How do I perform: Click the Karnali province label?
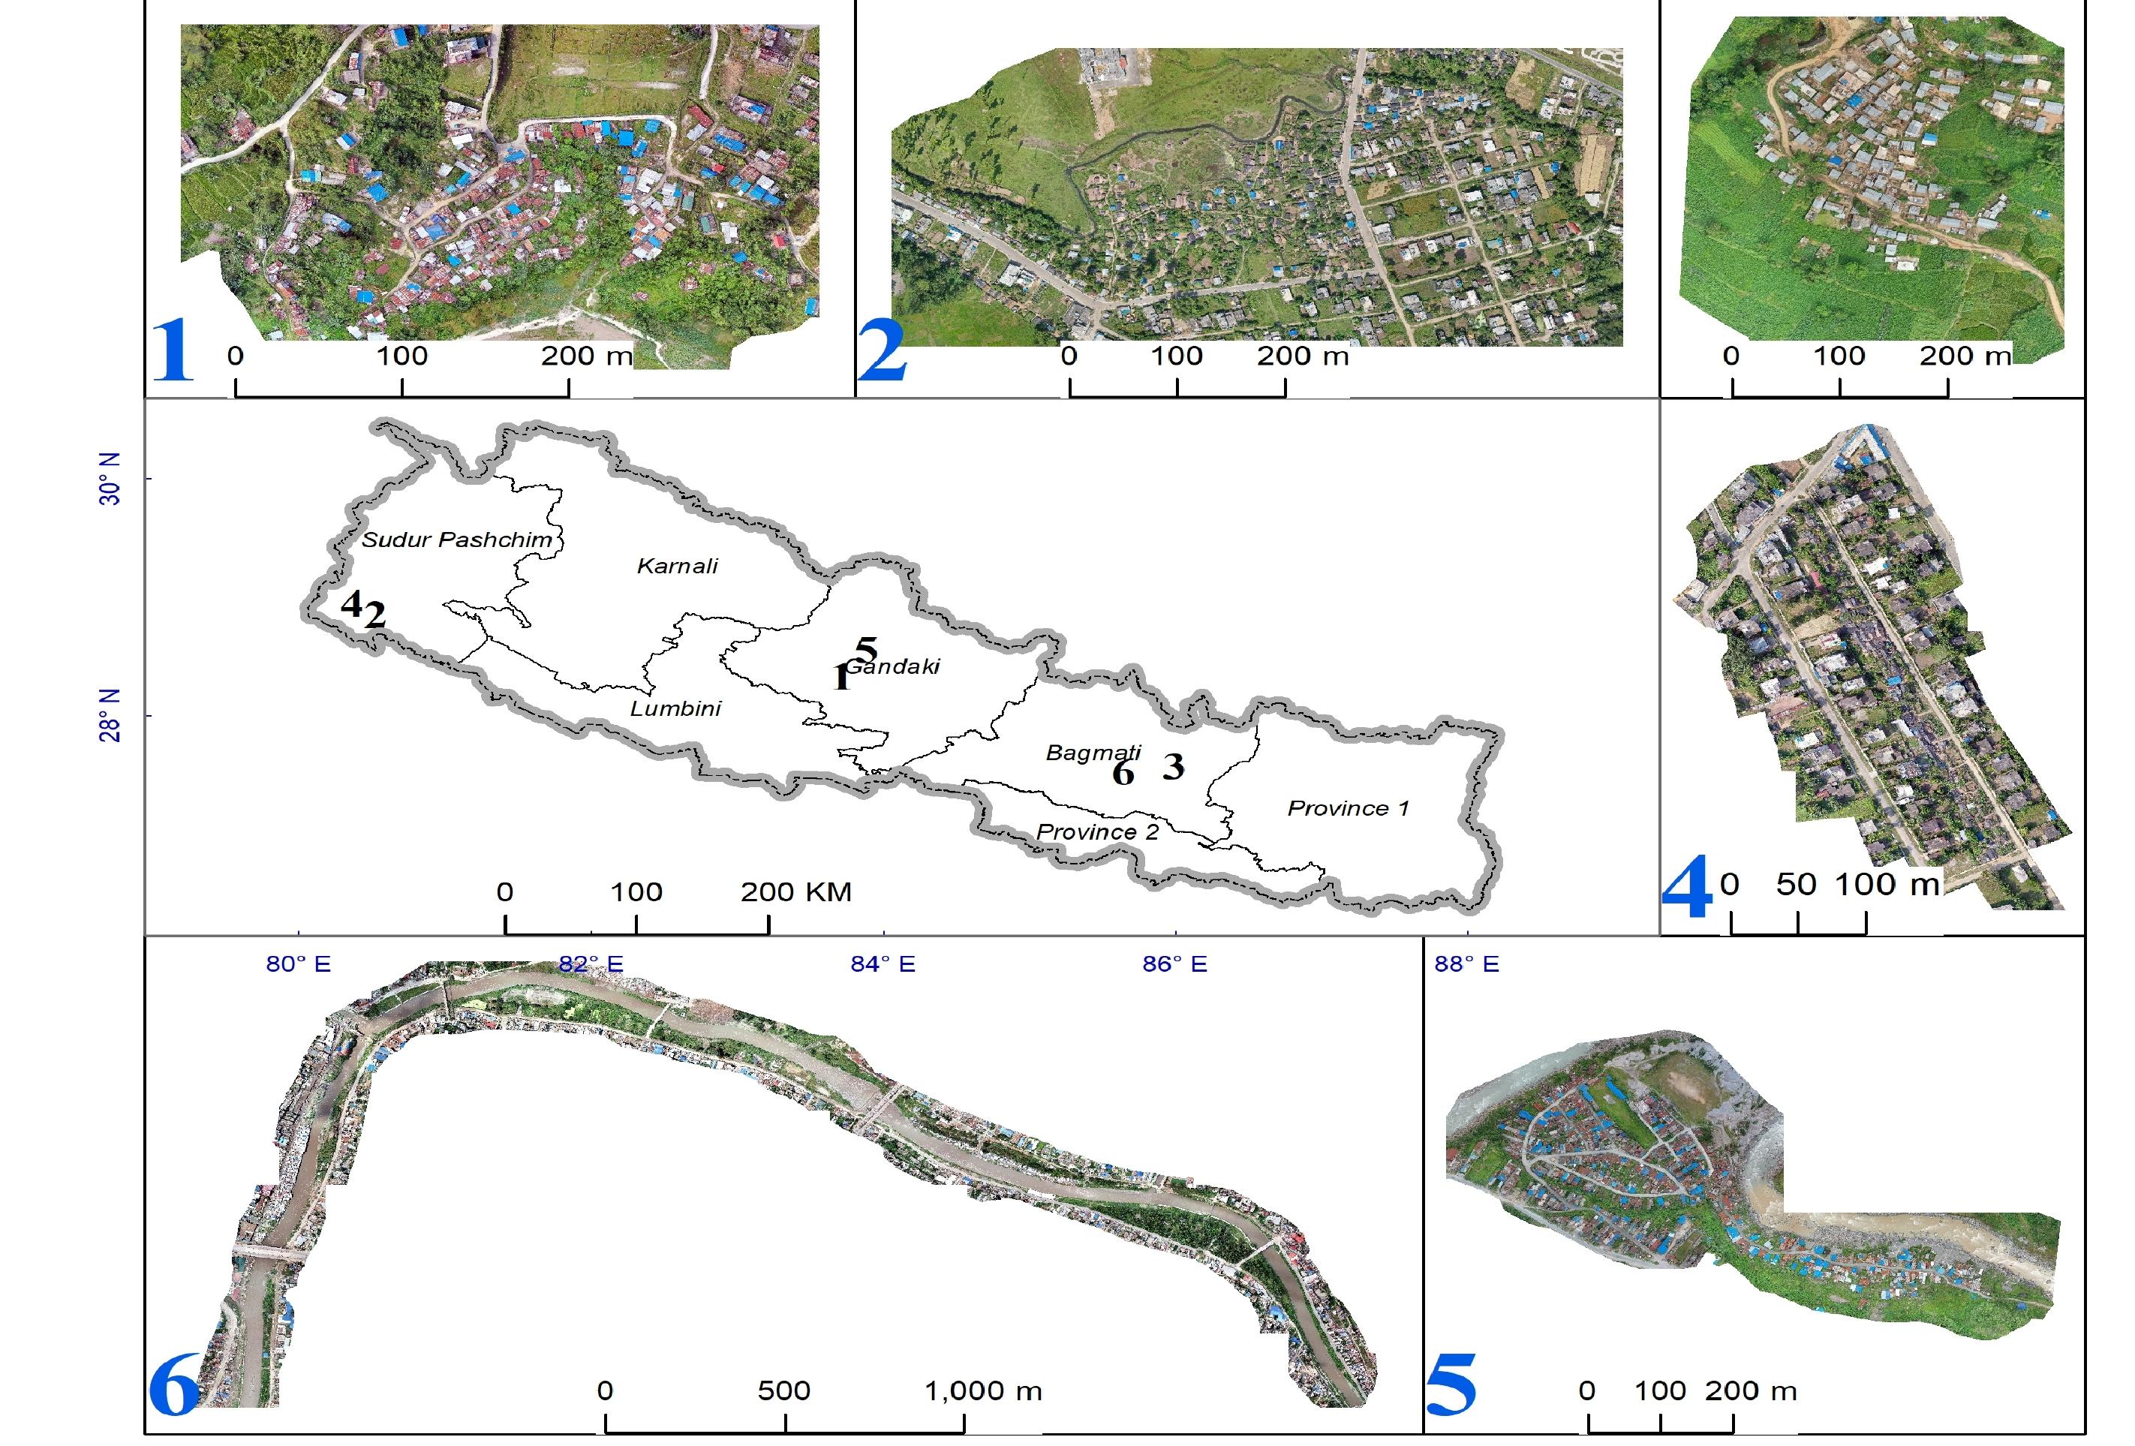click(677, 566)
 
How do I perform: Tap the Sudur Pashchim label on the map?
click(456, 540)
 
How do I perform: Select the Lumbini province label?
click(675, 708)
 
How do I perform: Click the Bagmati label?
click(1093, 753)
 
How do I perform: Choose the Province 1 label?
click(1348, 808)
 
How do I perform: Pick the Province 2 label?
click(1097, 832)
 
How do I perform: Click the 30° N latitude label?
click(110, 479)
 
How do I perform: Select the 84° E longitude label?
click(883, 963)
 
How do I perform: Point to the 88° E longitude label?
click(1466, 963)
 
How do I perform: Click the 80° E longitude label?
click(299, 963)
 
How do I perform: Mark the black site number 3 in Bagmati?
click(1173, 766)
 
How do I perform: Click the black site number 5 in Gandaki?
click(866, 650)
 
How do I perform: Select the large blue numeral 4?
click(1688, 888)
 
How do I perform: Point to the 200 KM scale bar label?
click(795, 892)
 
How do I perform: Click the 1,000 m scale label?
click(983, 1391)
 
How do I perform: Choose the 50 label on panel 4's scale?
click(1796, 885)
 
